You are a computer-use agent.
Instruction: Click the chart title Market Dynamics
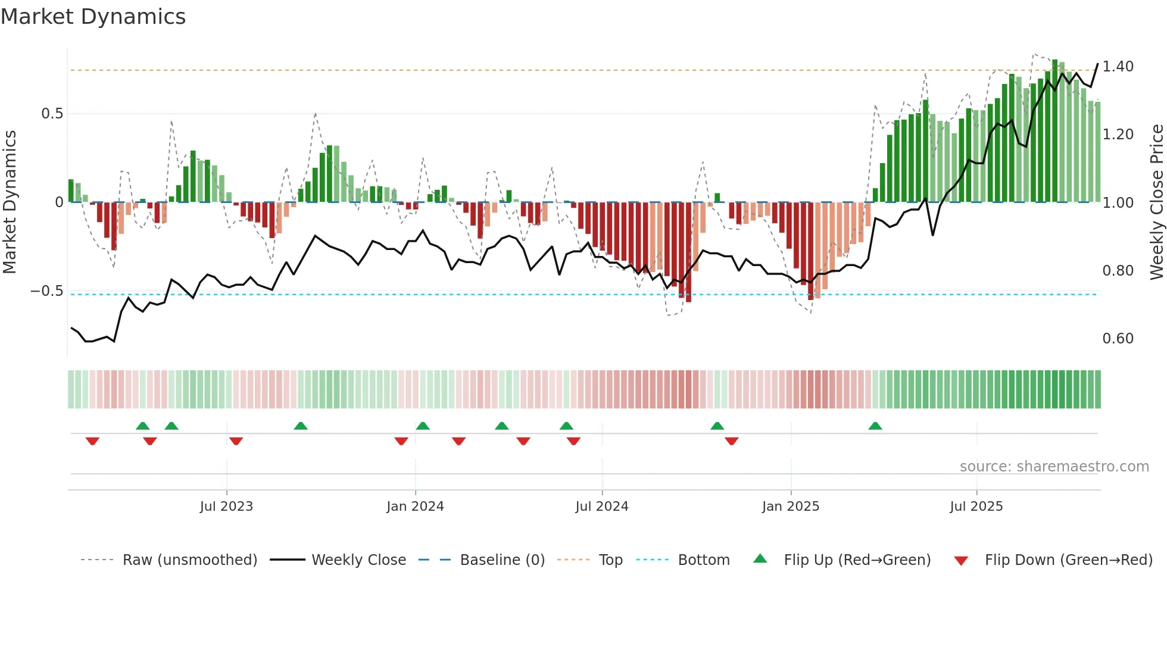(93, 17)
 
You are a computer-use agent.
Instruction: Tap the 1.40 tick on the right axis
(1118, 66)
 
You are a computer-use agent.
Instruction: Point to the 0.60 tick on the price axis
(1118, 338)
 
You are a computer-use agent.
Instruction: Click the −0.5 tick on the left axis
(47, 291)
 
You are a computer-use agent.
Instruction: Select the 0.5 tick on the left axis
(52, 113)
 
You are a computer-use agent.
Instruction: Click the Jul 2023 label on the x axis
(226, 507)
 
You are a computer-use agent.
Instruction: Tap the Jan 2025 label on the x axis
(790, 507)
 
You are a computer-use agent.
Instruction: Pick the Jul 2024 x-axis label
(601, 507)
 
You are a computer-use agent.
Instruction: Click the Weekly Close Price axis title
(1156, 202)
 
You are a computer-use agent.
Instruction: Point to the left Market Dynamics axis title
(10, 202)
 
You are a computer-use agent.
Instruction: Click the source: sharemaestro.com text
(1054, 467)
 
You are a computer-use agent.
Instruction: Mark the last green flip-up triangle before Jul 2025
(875, 426)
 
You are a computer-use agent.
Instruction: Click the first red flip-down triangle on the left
(92, 441)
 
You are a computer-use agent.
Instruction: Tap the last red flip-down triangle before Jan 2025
(732, 441)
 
